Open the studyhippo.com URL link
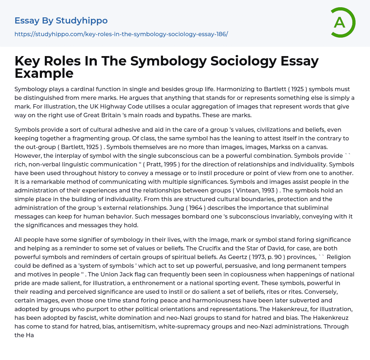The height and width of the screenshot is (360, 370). coord(121,34)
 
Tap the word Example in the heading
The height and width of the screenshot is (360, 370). coord(44,73)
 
